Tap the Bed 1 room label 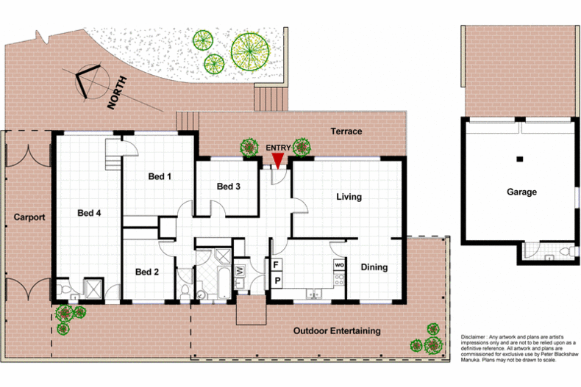pyautogui.click(x=160, y=176)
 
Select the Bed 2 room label pyautogui.click(x=147, y=272)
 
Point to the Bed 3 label pyautogui.click(x=229, y=187)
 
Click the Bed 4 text pyautogui.click(x=90, y=214)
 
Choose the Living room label pyautogui.click(x=349, y=197)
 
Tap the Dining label pyautogui.click(x=374, y=267)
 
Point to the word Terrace pyautogui.click(x=346, y=131)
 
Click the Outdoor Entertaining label pyautogui.click(x=337, y=331)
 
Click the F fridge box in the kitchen pyautogui.click(x=277, y=264)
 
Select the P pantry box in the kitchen pyautogui.click(x=277, y=281)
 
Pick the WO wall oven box pyautogui.click(x=339, y=264)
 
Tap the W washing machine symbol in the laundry pyautogui.click(x=240, y=270)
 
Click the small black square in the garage pyautogui.click(x=519, y=159)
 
